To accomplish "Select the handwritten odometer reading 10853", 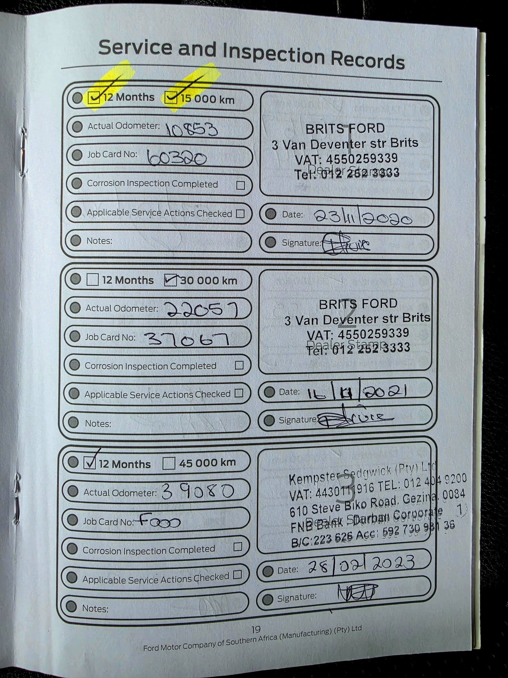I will pyautogui.click(x=192, y=129).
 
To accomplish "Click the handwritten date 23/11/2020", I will pyautogui.click(x=362, y=218).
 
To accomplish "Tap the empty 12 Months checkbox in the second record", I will pyautogui.click(x=93, y=279).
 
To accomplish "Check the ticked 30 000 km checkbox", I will pyautogui.click(x=171, y=280).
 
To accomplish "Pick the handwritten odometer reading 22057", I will pyautogui.click(x=202, y=310).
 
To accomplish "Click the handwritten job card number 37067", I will pyautogui.click(x=187, y=339).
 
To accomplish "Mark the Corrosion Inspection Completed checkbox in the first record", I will pyautogui.click(x=240, y=185).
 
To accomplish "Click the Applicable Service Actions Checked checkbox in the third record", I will pyautogui.click(x=237, y=574).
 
